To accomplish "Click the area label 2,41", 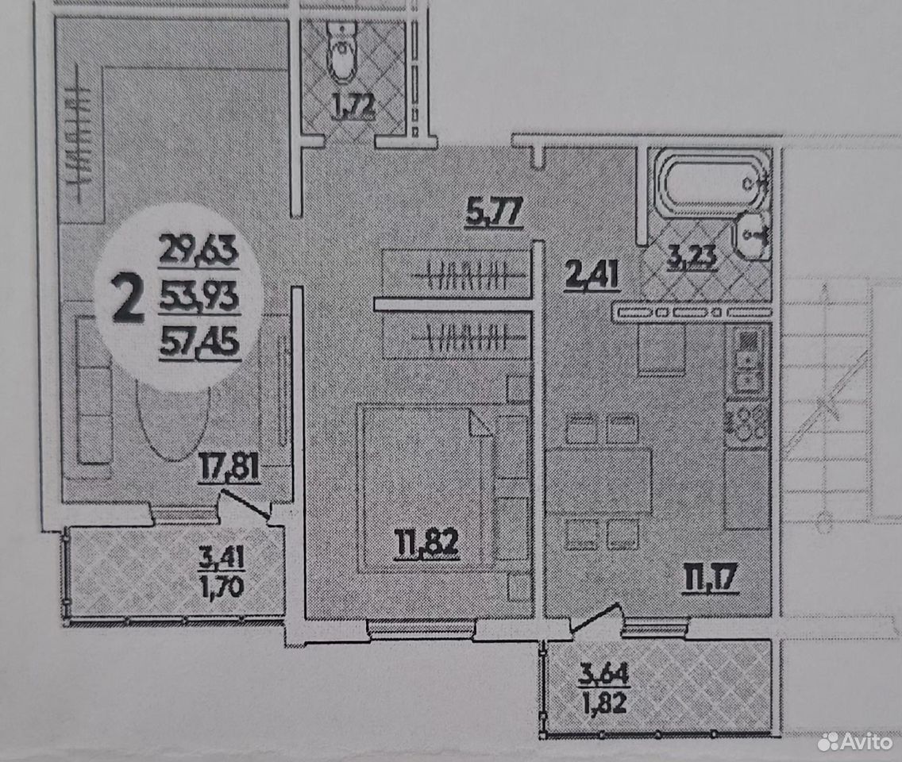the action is [592, 275].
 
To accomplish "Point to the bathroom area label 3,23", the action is [692, 256].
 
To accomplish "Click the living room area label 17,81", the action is [229, 467].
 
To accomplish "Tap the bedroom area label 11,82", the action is [427, 544].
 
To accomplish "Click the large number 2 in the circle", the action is [127, 298].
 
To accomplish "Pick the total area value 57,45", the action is [199, 343].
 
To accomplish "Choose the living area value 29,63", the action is [199, 250].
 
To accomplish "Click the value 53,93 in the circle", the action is [199, 298].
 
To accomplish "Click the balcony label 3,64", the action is [604, 673].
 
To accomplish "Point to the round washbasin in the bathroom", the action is [754, 235].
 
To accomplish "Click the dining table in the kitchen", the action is [599, 480].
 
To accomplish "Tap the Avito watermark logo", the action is [855, 741].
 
